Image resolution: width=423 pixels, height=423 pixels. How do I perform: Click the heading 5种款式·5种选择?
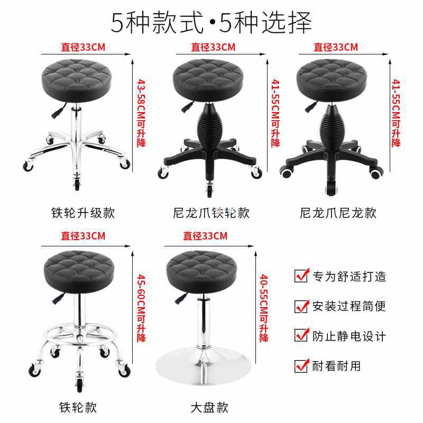pos(211,23)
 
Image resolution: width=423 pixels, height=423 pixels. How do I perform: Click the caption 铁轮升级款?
pos(83,213)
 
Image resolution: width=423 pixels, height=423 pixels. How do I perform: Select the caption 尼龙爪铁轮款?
pos(211,213)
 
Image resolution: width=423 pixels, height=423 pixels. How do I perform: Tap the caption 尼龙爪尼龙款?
pos(338,213)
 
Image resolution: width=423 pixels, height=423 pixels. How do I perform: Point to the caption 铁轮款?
pos(78,407)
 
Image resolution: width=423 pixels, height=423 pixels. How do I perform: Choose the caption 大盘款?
pos(209,407)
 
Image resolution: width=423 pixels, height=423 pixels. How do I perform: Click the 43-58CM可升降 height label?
pos(141,113)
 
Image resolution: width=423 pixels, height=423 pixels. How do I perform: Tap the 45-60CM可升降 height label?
pos(141,308)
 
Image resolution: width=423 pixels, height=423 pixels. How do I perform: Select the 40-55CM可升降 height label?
pos(264,308)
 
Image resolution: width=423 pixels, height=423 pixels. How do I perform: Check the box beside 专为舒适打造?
pos(301,276)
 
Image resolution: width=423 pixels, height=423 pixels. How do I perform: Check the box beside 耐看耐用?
pos(301,366)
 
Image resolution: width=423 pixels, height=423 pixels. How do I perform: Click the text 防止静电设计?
pos(350,336)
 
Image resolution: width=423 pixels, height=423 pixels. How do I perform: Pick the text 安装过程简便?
pos(350,306)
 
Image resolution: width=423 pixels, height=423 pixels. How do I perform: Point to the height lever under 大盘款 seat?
pos(181,298)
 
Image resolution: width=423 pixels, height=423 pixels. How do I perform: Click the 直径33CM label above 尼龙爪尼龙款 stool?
pos(336,47)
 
